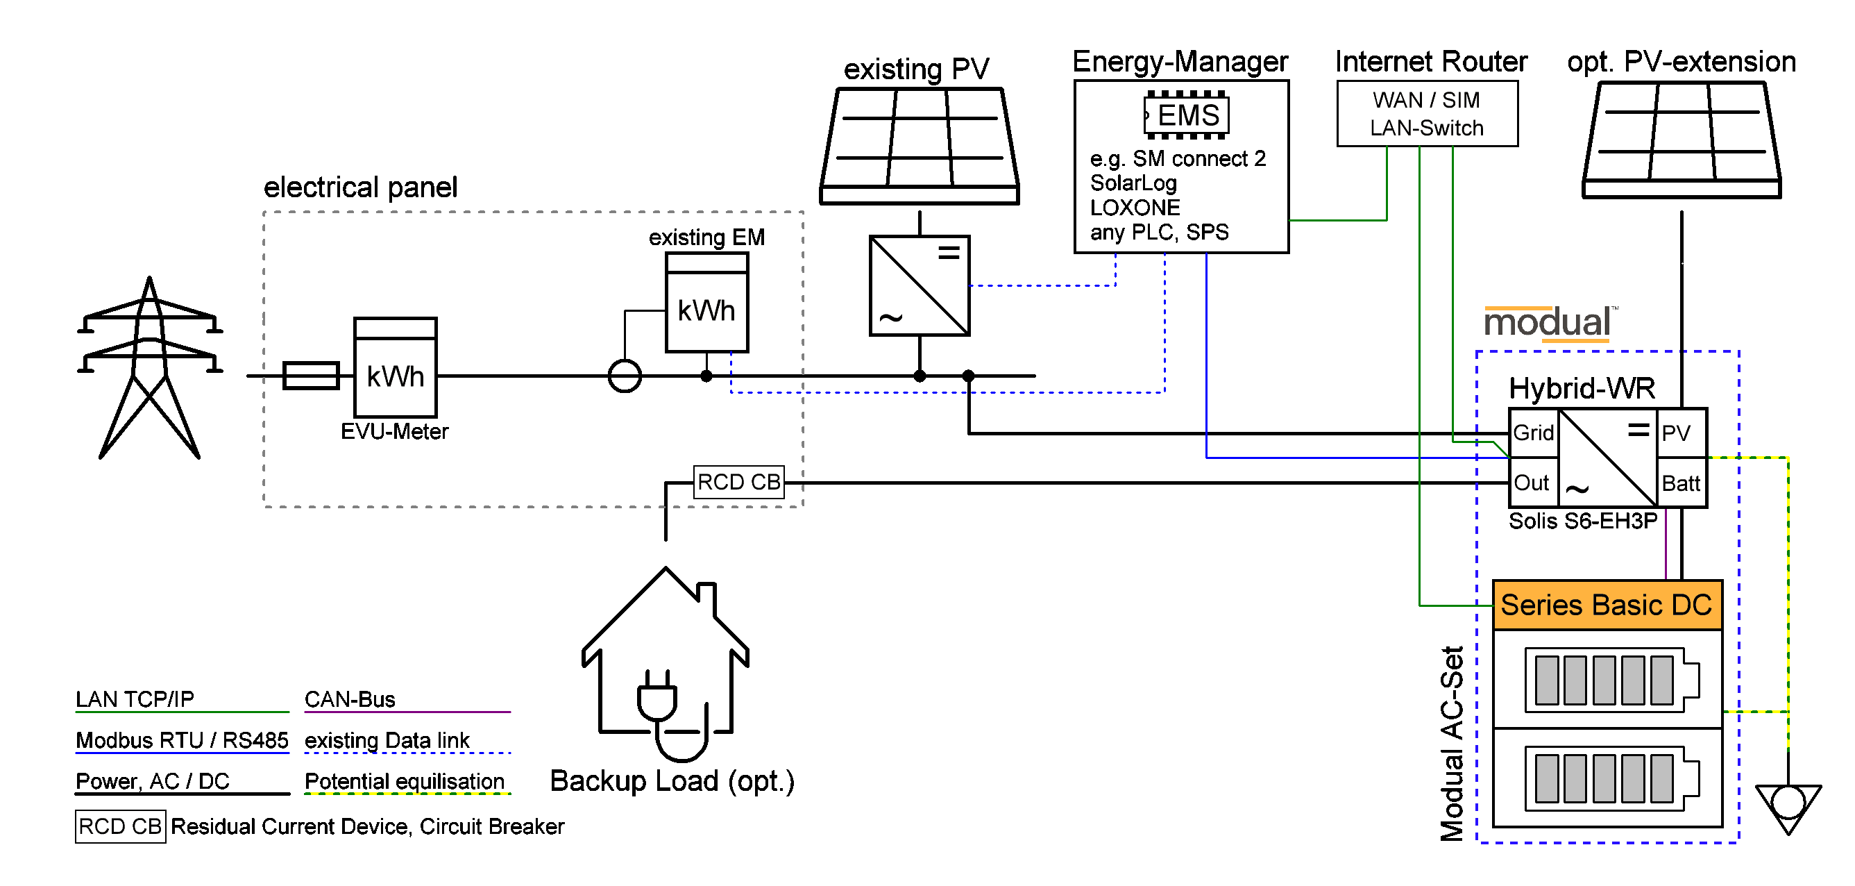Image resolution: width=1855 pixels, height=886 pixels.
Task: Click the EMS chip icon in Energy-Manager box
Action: coord(1186,115)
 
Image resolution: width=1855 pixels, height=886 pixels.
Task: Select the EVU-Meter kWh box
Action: coord(396,367)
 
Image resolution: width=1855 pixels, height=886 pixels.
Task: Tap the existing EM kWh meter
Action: coord(707,303)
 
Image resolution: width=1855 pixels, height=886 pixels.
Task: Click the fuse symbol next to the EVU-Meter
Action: coord(311,375)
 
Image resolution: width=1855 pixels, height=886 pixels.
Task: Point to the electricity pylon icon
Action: coord(150,367)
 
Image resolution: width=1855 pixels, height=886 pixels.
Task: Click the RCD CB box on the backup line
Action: coord(739,482)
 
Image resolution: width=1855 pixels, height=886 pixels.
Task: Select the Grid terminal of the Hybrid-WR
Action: coord(1534,433)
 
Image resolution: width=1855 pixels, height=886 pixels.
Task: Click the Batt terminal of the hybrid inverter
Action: coord(1682,483)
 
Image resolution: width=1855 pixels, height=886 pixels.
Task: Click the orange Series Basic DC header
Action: coord(1607,605)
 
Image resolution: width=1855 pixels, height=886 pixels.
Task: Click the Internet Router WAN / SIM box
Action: coord(1428,113)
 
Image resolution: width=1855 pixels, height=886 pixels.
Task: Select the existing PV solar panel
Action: coord(920,147)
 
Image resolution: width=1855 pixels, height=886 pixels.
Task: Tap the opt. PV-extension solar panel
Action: coord(1682,140)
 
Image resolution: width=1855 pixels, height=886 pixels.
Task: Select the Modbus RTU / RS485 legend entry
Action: coord(183,741)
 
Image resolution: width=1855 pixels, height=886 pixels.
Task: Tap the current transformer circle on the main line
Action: coord(625,375)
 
